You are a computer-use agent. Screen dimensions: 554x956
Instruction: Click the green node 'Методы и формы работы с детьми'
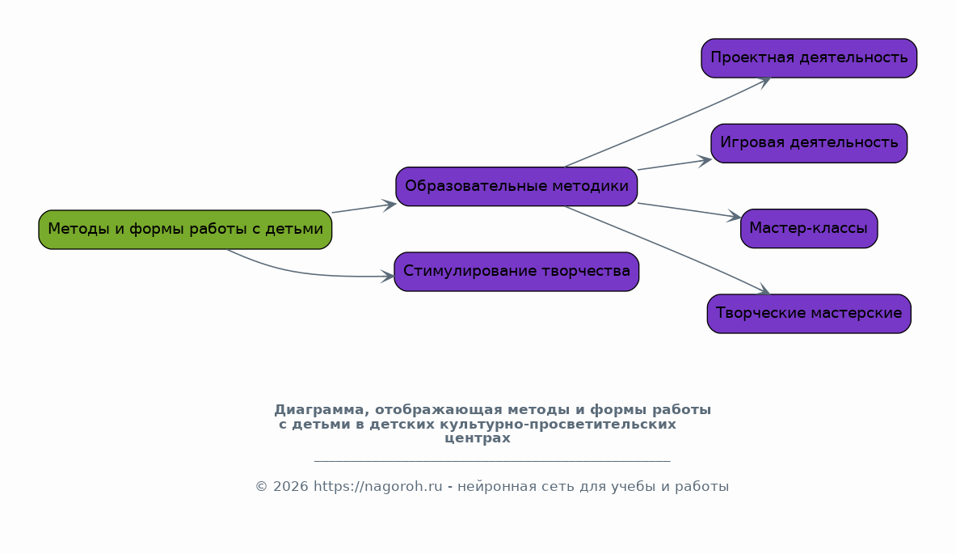pyautogui.click(x=185, y=230)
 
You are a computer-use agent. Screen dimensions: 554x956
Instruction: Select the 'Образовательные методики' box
pyautogui.click(x=516, y=187)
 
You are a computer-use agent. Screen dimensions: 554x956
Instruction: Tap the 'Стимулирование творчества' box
pyautogui.click(x=516, y=272)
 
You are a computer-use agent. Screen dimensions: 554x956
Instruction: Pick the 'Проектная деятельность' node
pyautogui.click(x=809, y=58)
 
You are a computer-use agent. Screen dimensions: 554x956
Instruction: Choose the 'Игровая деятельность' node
pyautogui.click(x=809, y=143)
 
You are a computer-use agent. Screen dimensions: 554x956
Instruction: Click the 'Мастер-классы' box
pyautogui.click(x=809, y=229)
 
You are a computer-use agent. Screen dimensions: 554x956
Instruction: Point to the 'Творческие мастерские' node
pyautogui.click(x=809, y=314)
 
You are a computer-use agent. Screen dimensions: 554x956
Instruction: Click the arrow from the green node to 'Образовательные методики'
pyautogui.click(x=364, y=208)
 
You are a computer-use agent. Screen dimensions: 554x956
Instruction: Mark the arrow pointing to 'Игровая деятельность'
pyautogui.click(x=675, y=164)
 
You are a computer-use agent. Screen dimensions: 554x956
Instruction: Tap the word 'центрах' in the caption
pyautogui.click(x=478, y=438)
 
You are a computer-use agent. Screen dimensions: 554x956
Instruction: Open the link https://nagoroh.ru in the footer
pyautogui.click(x=378, y=487)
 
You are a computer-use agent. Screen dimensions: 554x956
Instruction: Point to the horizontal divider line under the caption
pyautogui.click(x=491, y=461)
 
